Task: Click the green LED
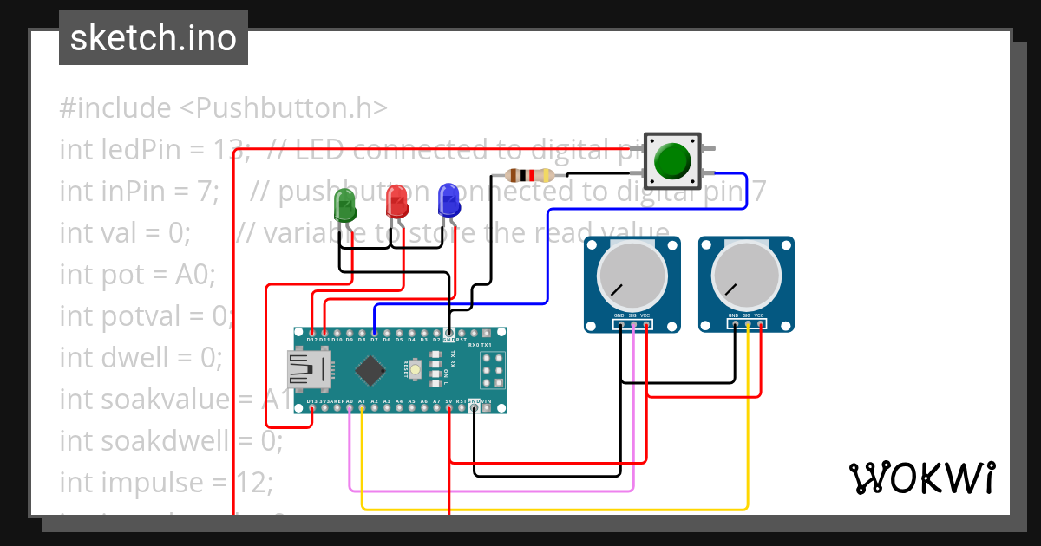(x=344, y=206)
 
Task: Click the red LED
(x=396, y=203)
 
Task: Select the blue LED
(x=448, y=201)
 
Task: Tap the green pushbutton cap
(x=672, y=160)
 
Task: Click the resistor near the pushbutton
(x=530, y=175)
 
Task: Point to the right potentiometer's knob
(x=746, y=276)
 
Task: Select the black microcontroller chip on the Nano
(x=370, y=371)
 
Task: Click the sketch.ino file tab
(x=154, y=38)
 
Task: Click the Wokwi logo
(x=921, y=478)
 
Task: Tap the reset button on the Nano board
(x=416, y=370)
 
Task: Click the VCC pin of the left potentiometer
(x=645, y=325)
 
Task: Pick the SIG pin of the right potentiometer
(x=747, y=325)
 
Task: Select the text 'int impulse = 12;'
(x=166, y=482)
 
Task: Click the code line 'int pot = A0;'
(x=137, y=275)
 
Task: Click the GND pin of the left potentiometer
(x=619, y=325)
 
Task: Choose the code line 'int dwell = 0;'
(x=141, y=357)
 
